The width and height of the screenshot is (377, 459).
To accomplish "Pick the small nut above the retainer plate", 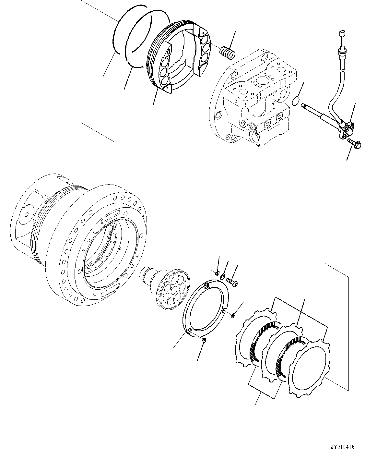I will point(218,272).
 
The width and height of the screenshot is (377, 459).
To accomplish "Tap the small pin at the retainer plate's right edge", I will point(233,314).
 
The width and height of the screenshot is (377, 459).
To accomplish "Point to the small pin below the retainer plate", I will point(204,340).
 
